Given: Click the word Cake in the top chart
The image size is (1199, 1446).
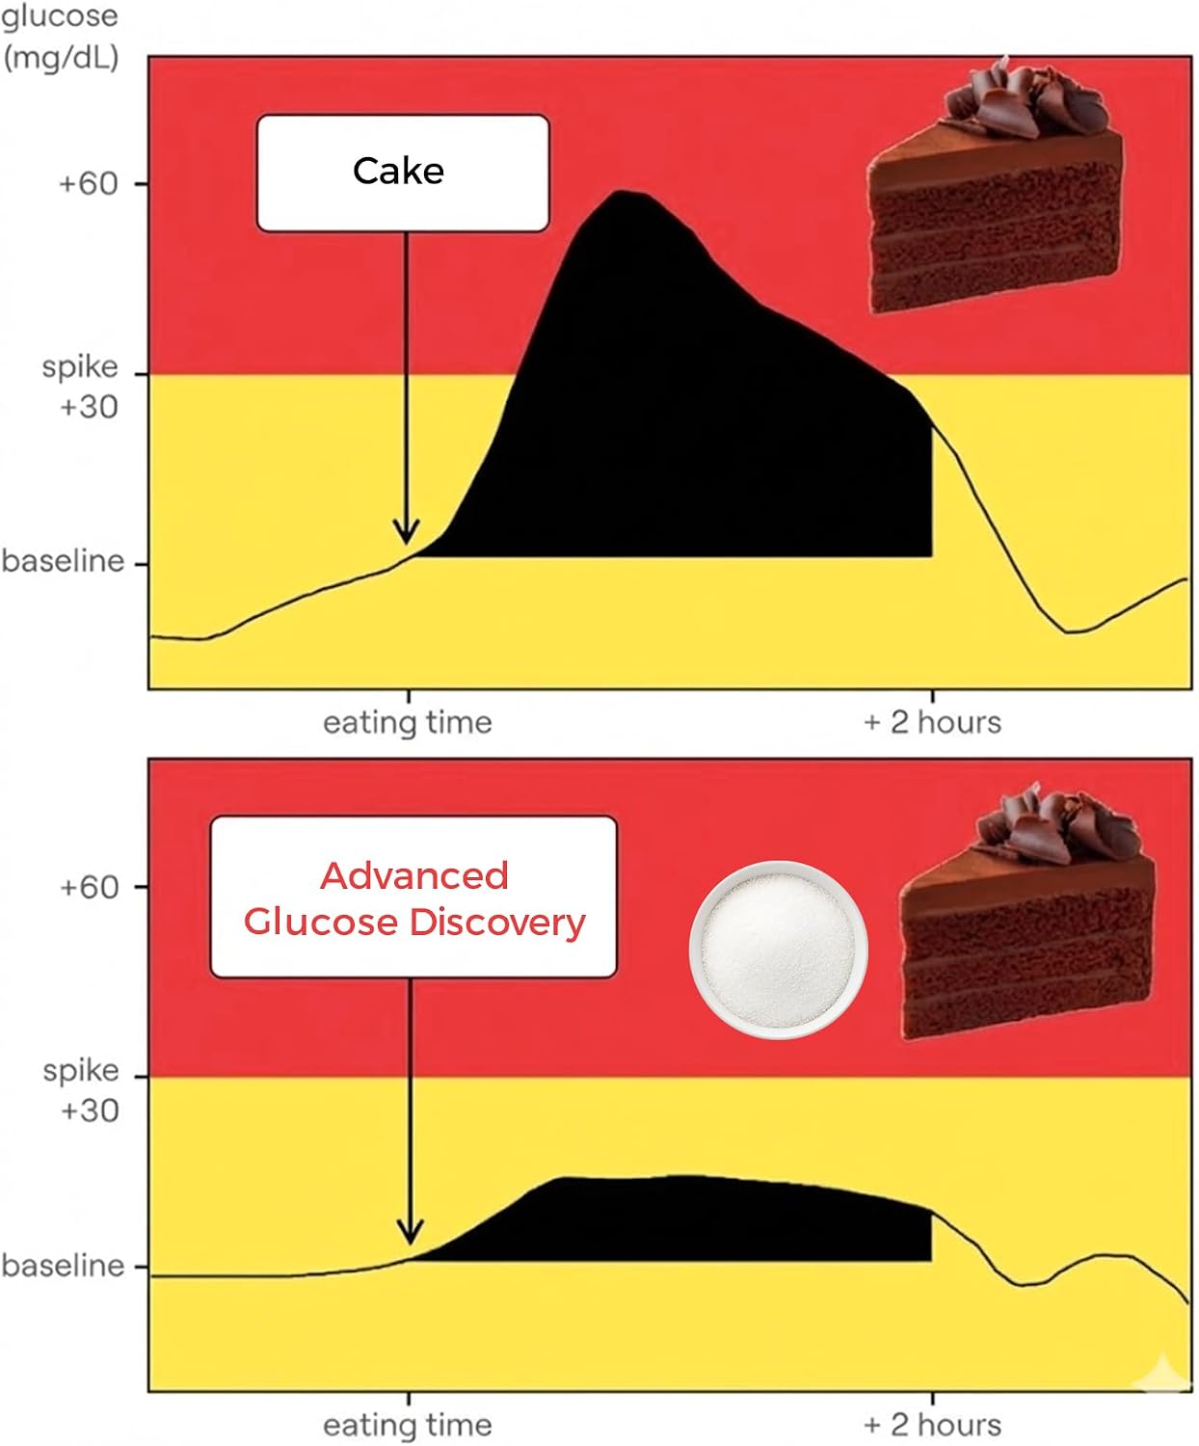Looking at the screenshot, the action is [398, 171].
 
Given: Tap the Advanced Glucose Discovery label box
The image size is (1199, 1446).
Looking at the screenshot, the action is [413, 897].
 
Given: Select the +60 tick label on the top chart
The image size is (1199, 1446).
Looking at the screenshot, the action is [89, 184].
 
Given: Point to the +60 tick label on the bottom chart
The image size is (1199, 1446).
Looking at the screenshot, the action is [90, 887].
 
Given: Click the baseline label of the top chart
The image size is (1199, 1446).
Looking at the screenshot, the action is [63, 561].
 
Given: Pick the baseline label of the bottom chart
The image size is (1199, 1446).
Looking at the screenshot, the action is [63, 1266].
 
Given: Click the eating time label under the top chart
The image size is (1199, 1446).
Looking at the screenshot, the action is [408, 722].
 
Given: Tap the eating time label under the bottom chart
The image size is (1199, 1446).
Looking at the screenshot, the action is [408, 1425].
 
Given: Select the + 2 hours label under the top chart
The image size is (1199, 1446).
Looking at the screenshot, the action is [932, 722].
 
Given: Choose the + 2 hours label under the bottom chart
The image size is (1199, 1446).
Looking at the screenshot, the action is [932, 1425].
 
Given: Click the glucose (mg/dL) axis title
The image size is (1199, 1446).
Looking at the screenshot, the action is [61, 38].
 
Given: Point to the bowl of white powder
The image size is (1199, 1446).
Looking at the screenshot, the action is [779, 950].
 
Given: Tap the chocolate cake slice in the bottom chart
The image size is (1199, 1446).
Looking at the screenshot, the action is [1026, 912].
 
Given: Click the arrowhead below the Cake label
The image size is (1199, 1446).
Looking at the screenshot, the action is [407, 531].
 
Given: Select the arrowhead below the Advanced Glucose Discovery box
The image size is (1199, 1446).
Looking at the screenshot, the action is [410, 1232].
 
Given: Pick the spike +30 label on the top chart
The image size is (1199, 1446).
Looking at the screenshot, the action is [80, 388].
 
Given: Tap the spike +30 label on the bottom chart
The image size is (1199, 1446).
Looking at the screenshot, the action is [81, 1090].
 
